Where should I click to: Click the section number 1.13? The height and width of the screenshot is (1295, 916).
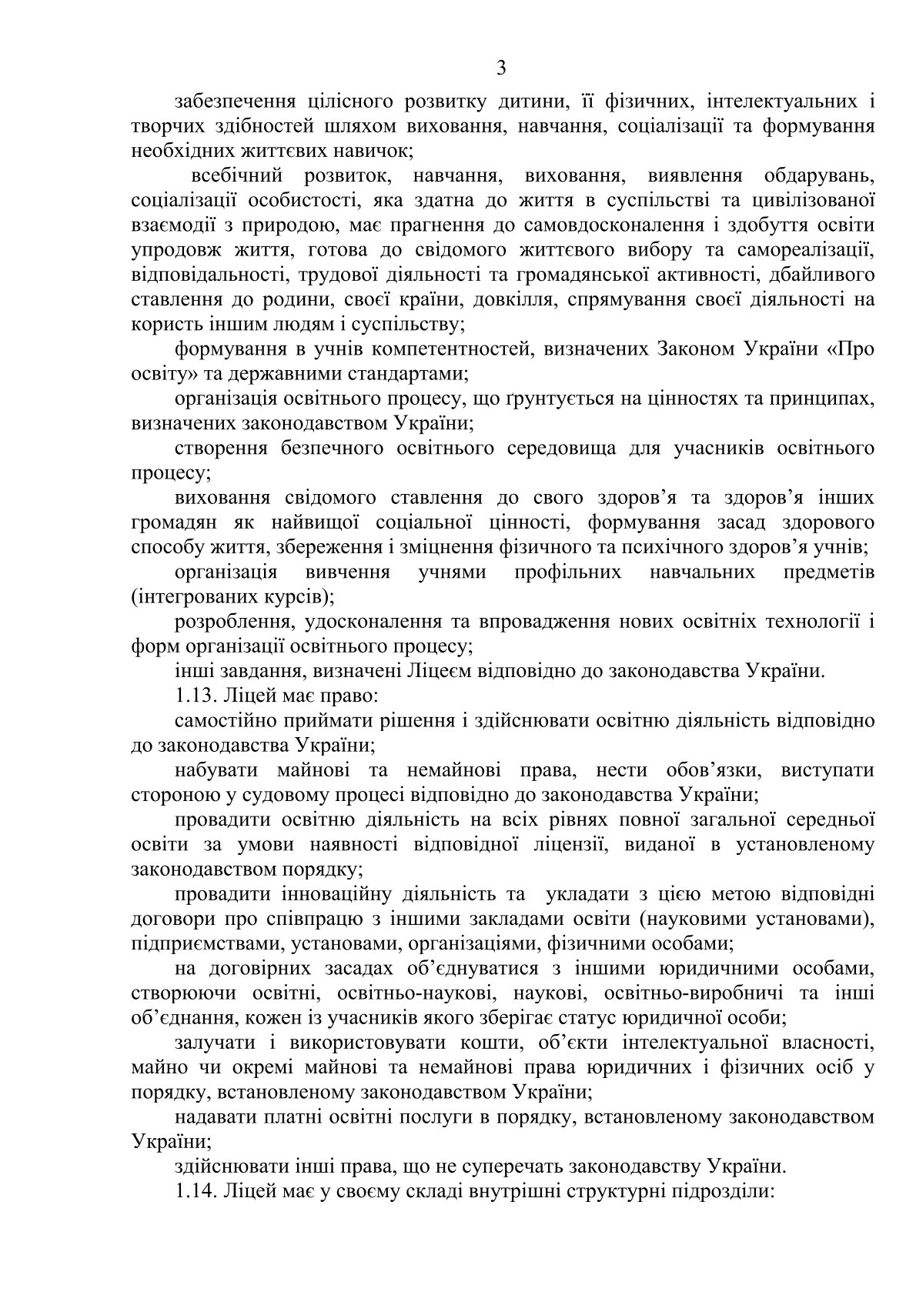[x=197, y=696]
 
